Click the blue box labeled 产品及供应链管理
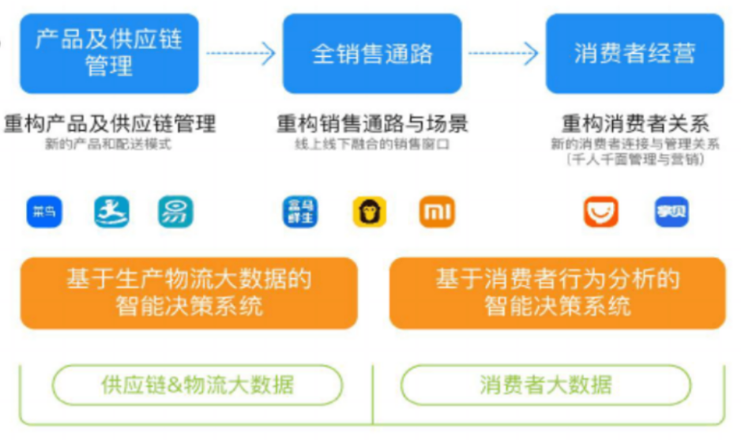tap(109, 54)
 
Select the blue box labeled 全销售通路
tap(372, 54)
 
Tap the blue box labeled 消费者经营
tap(634, 54)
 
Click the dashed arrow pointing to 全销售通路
tap(240, 54)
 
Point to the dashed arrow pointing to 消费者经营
tap(503, 54)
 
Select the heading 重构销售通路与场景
tap(372, 124)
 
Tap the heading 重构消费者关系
tap(634, 124)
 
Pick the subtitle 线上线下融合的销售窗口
tap(372, 145)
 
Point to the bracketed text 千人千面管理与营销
tap(634, 159)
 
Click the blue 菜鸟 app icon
tap(44, 212)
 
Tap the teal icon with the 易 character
tap(175, 212)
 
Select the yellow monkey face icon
tap(369, 212)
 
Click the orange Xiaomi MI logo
tap(437, 212)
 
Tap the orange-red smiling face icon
tap(600, 212)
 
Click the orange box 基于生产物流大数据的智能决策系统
tap(189, 292)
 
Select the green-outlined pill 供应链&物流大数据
tap(197, 385)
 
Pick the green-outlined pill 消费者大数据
tap(546, 385)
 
